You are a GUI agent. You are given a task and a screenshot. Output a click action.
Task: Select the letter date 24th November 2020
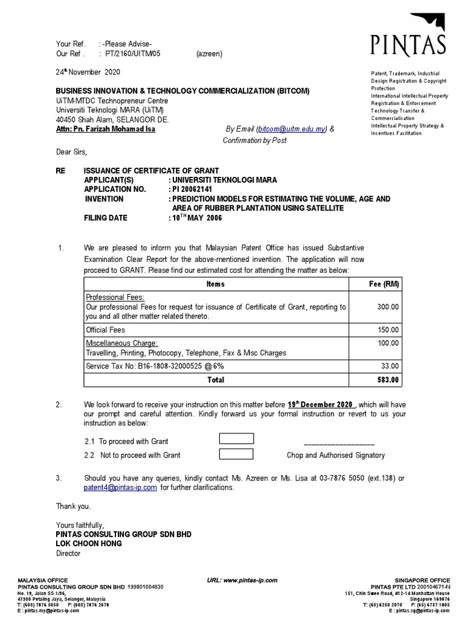[88, 72]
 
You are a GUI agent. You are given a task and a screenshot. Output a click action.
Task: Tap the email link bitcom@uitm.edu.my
[292, 129]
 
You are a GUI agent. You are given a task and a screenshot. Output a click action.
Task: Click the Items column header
[215, 284]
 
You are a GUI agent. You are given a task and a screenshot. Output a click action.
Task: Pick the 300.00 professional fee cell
[388, 307]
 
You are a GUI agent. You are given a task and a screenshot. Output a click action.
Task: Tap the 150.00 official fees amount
[388, 330]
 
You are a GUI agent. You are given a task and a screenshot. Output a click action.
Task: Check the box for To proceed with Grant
[236, 439]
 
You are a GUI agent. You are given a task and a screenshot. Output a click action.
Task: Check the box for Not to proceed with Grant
[236, 454]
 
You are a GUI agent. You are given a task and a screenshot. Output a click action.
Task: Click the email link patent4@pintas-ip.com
[121, 487]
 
